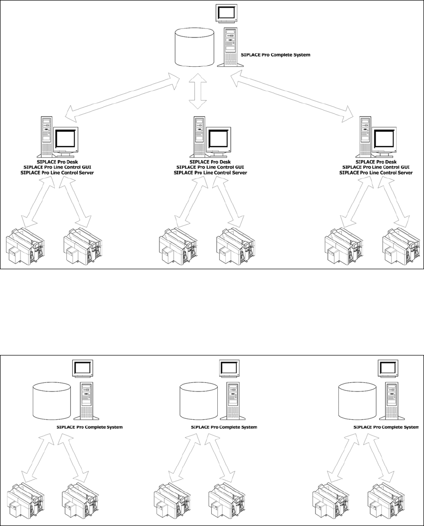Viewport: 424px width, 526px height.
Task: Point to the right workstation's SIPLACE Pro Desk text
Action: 376,162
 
